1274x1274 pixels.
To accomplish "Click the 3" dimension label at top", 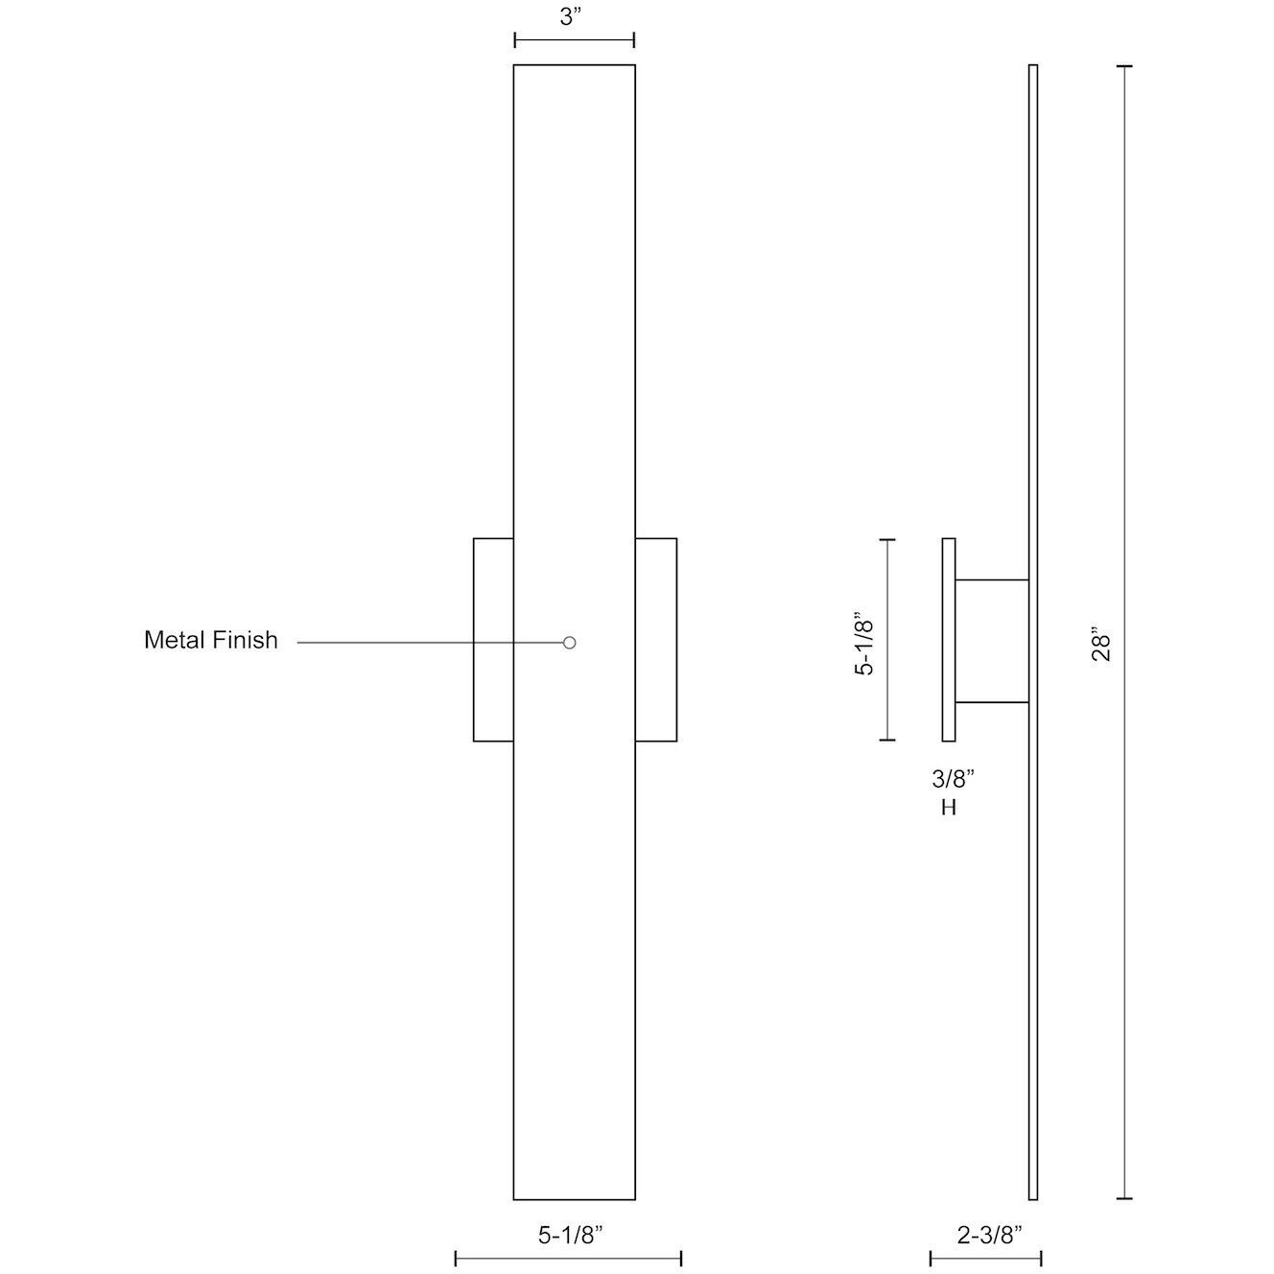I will click(x=573, y=18).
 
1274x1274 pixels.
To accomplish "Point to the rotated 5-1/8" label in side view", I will click(x=864, y=641).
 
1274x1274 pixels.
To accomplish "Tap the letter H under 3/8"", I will click(x=949, y=808).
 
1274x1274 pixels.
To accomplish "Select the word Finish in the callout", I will click(x=247, y=640).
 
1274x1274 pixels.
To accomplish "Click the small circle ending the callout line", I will click(x=569, y=643).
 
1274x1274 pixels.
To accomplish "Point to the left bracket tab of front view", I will click(x=493, y=640).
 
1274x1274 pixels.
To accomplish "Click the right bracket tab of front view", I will click(x=656, y=640).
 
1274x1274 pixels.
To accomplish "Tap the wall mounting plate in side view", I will click(x=949, y=640).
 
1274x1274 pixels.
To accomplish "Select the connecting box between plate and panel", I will click(x=992, y=641).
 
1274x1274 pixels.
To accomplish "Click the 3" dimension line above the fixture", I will click(x=574, y=40).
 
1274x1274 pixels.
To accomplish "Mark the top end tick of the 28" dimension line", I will click(x=1124, y=66).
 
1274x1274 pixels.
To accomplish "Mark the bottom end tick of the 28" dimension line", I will click(x=1124, y=1198).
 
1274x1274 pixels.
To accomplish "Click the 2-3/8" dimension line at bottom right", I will click(x=985, y=1258).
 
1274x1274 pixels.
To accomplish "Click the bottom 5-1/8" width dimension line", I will click(x=568, y=1258).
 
